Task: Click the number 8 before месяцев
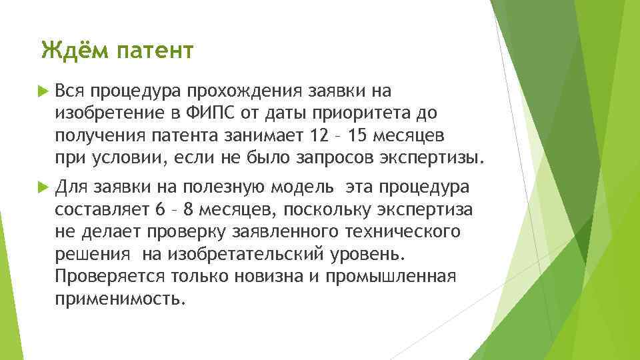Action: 189,209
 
